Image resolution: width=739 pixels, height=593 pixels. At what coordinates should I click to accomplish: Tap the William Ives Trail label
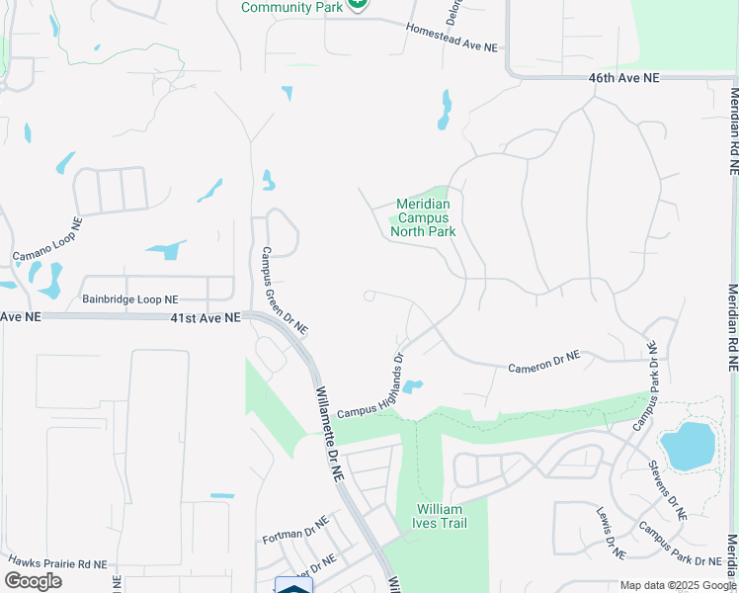click(x=440, y=516)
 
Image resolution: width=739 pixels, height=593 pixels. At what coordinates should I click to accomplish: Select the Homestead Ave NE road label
click(x=452, y=38)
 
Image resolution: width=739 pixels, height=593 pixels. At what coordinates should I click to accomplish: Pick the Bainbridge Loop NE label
click(x=129, y=298)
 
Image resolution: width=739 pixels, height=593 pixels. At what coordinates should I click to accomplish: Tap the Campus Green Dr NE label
click(x=283, y=290)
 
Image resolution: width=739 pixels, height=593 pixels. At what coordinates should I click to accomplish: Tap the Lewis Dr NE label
click(x=606, y=532)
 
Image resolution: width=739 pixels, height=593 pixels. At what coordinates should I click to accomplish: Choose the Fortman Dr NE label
click(x=295, y=531)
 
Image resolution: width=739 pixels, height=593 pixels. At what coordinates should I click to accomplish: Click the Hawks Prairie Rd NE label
click(x=57, y=562)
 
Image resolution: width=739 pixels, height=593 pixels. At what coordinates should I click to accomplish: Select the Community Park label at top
click(x=291, y=7)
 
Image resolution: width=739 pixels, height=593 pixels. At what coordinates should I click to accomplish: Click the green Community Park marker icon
click(x=358, y=4)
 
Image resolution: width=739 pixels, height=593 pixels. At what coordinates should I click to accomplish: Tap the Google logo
click(x=34, y=580)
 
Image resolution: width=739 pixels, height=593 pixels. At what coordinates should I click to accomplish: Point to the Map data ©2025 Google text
click(x=677, y=585)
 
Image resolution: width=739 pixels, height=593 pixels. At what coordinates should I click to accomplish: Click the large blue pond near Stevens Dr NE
click(x=689, y=445)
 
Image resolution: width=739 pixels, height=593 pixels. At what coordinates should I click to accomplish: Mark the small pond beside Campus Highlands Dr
click(x=413, y=385)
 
